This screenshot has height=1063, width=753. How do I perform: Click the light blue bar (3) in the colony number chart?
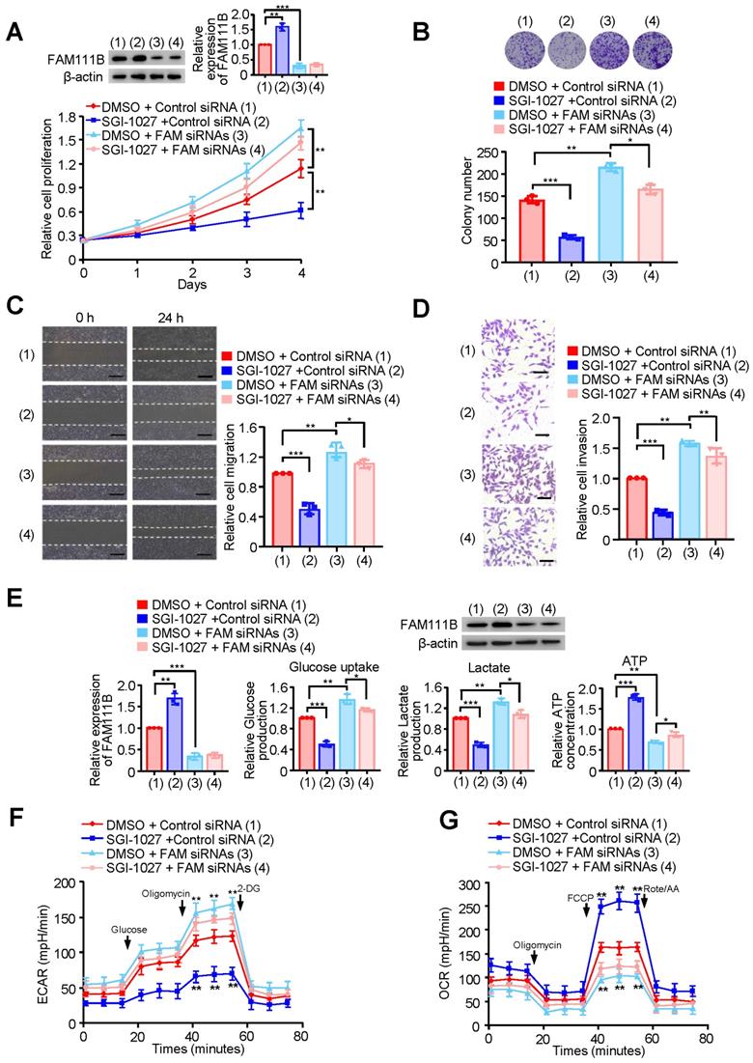610,218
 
